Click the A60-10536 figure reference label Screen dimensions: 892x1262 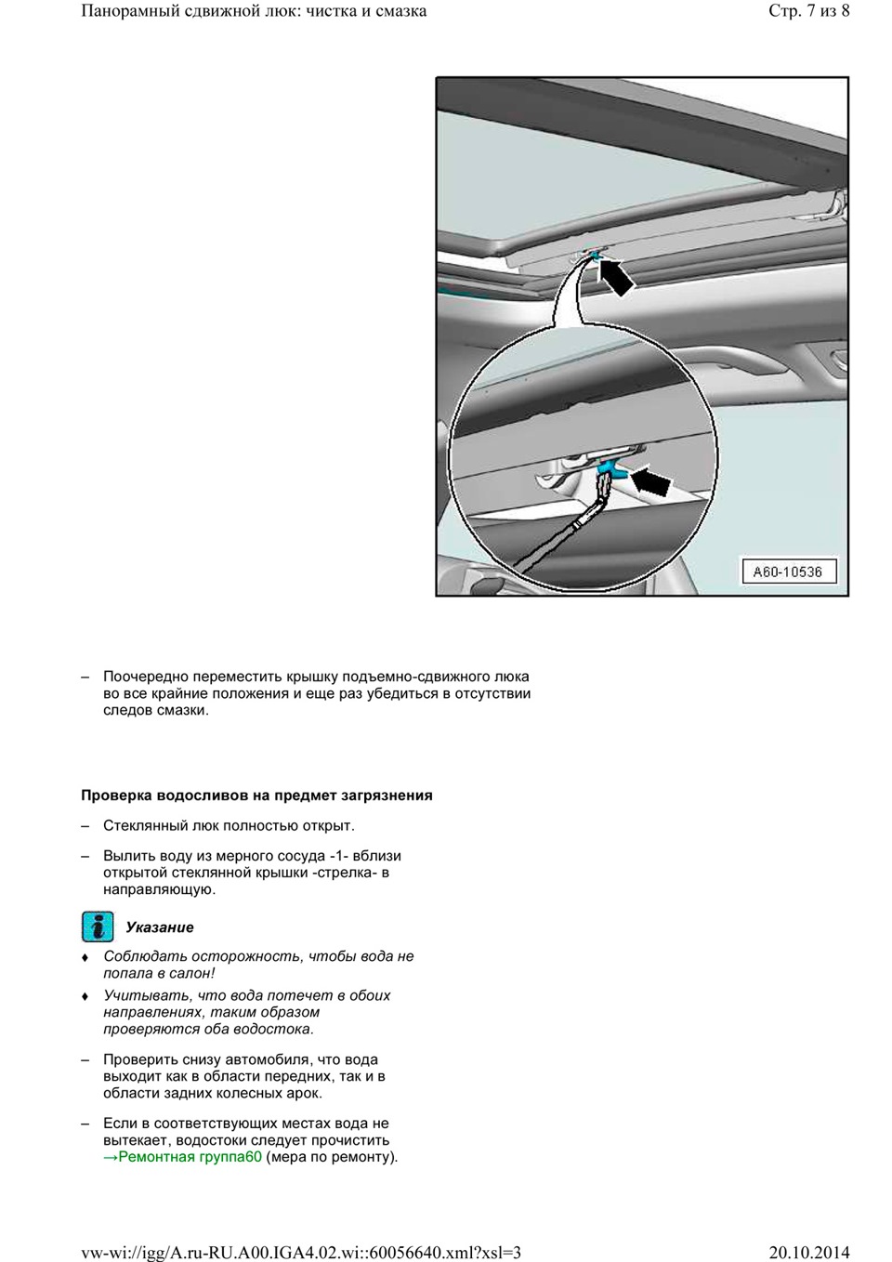[789, 572]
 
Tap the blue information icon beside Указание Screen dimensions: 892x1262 [98, 927]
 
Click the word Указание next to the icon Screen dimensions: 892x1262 [160, 927]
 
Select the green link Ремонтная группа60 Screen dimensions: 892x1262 [182, 1157]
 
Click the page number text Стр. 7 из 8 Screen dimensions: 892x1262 [808, 11]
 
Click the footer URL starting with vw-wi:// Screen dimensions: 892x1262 [301, 1253]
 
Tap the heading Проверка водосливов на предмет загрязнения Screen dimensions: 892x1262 [256, 795]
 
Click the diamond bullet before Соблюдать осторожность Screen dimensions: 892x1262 [85, 957]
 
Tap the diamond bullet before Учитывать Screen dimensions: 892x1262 [85, 996]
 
